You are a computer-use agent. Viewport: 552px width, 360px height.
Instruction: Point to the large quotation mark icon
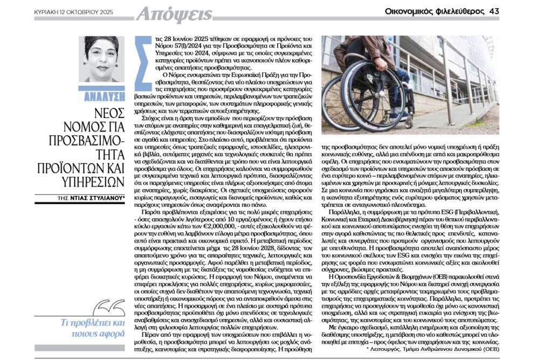[114, 309]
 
